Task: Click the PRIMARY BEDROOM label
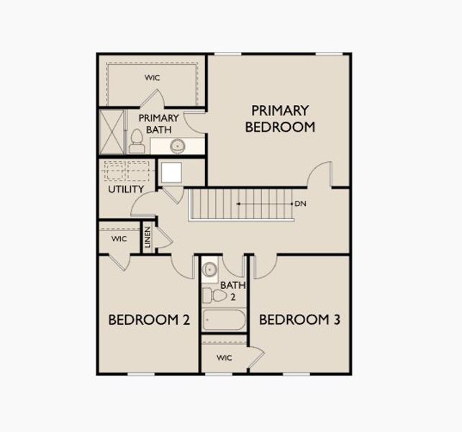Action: (280, 119)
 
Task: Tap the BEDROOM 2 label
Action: (149, 320)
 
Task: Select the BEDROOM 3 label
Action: (299, 320)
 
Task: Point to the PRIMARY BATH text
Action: (154, 124)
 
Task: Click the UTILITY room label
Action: (126, 189)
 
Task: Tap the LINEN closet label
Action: (148, 238)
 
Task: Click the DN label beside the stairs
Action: (300, 204)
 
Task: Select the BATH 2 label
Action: (229, 290)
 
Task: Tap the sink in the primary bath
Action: (177, 146)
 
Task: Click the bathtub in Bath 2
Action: (224, 319)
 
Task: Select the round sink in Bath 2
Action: (209, 269)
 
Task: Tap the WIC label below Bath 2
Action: (224, 359)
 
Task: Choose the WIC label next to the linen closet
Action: (119, 238)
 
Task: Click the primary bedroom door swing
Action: (320, 174)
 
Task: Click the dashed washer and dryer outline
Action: (127, 171)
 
